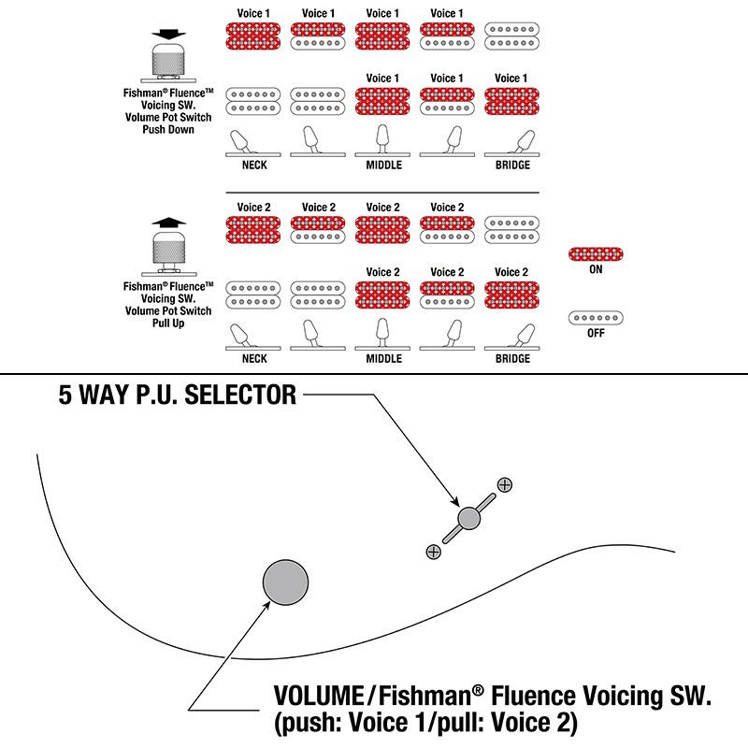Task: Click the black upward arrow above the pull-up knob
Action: click(168, 223)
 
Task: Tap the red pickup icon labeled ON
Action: click(596, 253)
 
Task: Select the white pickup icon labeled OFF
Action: click(596, 318)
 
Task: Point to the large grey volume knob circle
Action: click(285, 583)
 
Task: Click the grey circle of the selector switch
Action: click(469, 518)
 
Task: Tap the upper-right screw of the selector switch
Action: click(505, 484)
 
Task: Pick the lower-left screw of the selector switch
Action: click(433, 552)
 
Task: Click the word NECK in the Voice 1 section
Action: click(254, 165)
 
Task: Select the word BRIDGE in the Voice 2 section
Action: click(512, 359)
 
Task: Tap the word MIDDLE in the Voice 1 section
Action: click(383, 165)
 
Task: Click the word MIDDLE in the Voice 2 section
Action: click(383, 359)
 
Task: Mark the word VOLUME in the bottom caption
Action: click(318, 697)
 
